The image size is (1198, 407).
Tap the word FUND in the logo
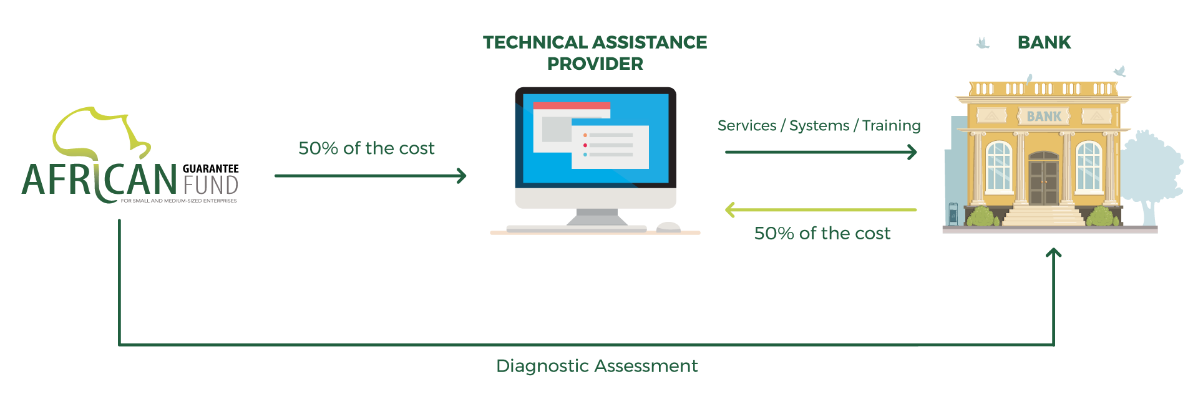click(x=211, y=184)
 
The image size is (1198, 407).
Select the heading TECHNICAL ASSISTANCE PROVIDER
click(x=595, y=52)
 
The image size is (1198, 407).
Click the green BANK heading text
click(x=1044, y=42)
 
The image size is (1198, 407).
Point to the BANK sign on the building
click(x=1044, y=117)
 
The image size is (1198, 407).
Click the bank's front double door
click(x=1043, y=181)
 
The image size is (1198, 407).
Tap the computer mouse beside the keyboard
click(x=669, y=226)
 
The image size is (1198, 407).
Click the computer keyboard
click(x=575, y=229)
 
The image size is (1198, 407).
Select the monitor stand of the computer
click(x=597, y=217)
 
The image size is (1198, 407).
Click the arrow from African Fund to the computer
click(x=371, y=176)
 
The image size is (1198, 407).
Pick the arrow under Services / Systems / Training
click(x=821, y=151)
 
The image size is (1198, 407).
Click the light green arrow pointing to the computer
click(x=821, y=210)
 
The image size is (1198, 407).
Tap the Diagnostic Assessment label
click(x=597, y=366)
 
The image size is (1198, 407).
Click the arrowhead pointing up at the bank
click(x=1054, y=253)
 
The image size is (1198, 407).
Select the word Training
click(x=891, y=126)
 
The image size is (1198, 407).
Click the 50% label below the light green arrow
click(x=822, y=234)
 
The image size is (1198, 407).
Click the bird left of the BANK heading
click(x=983, y=43)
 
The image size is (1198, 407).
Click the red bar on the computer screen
click(x=571, y=105)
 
